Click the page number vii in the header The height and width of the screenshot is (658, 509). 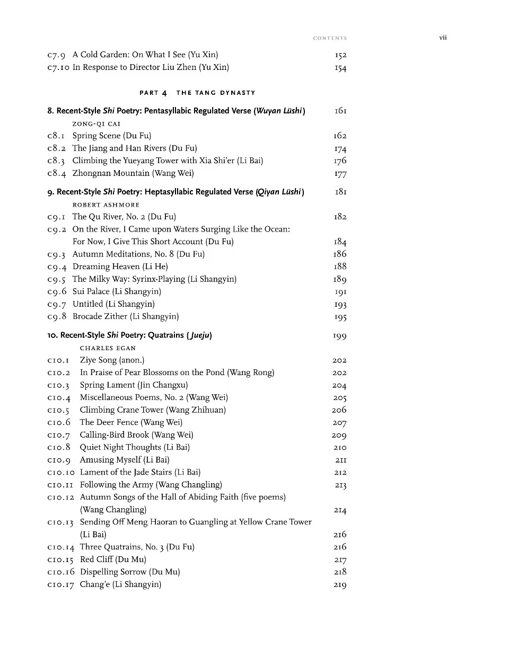(443, 38)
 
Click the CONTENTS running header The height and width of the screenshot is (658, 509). (330, 38)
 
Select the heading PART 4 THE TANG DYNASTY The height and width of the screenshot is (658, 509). (197, 93)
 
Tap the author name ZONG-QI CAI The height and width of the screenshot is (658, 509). (96, 123)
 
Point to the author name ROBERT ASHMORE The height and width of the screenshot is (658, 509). (106, 204)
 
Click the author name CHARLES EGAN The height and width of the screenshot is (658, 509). (108, 348)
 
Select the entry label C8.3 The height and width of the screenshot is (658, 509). (56, 161)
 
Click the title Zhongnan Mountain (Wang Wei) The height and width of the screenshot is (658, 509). (133, 173)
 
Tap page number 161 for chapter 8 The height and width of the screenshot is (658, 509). (340, 111)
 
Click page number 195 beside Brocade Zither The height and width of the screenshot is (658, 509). (340, 317)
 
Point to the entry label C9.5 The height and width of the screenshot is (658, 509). (56, 279)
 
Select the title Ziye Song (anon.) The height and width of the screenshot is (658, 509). (112, 360)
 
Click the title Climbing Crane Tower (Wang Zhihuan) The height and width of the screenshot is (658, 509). (153, 410)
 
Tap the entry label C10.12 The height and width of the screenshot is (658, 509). (60, 497)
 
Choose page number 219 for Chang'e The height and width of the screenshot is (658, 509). (340, 585)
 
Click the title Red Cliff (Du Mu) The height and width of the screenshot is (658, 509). (113, 559)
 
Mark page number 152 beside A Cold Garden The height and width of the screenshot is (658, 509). (340, 55)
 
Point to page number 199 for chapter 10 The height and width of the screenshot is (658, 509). (340, 336)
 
